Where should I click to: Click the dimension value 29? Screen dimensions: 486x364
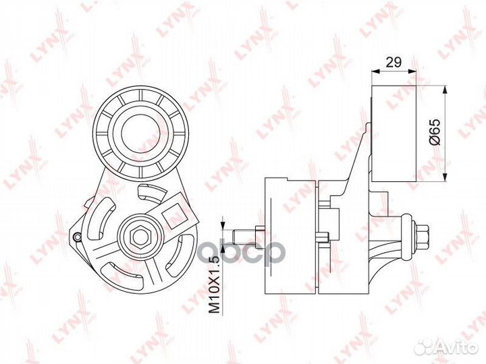coord(394,62)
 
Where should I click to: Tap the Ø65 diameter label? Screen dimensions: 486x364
coord(435,132)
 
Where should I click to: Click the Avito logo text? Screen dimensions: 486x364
coord(459,348)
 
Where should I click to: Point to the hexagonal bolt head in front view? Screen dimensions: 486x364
coord(141,237)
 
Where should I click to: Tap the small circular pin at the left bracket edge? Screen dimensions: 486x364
coord(76,237)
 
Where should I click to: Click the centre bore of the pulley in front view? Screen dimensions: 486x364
coord(140,133)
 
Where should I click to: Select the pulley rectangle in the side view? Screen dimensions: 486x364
coord(394,133)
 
